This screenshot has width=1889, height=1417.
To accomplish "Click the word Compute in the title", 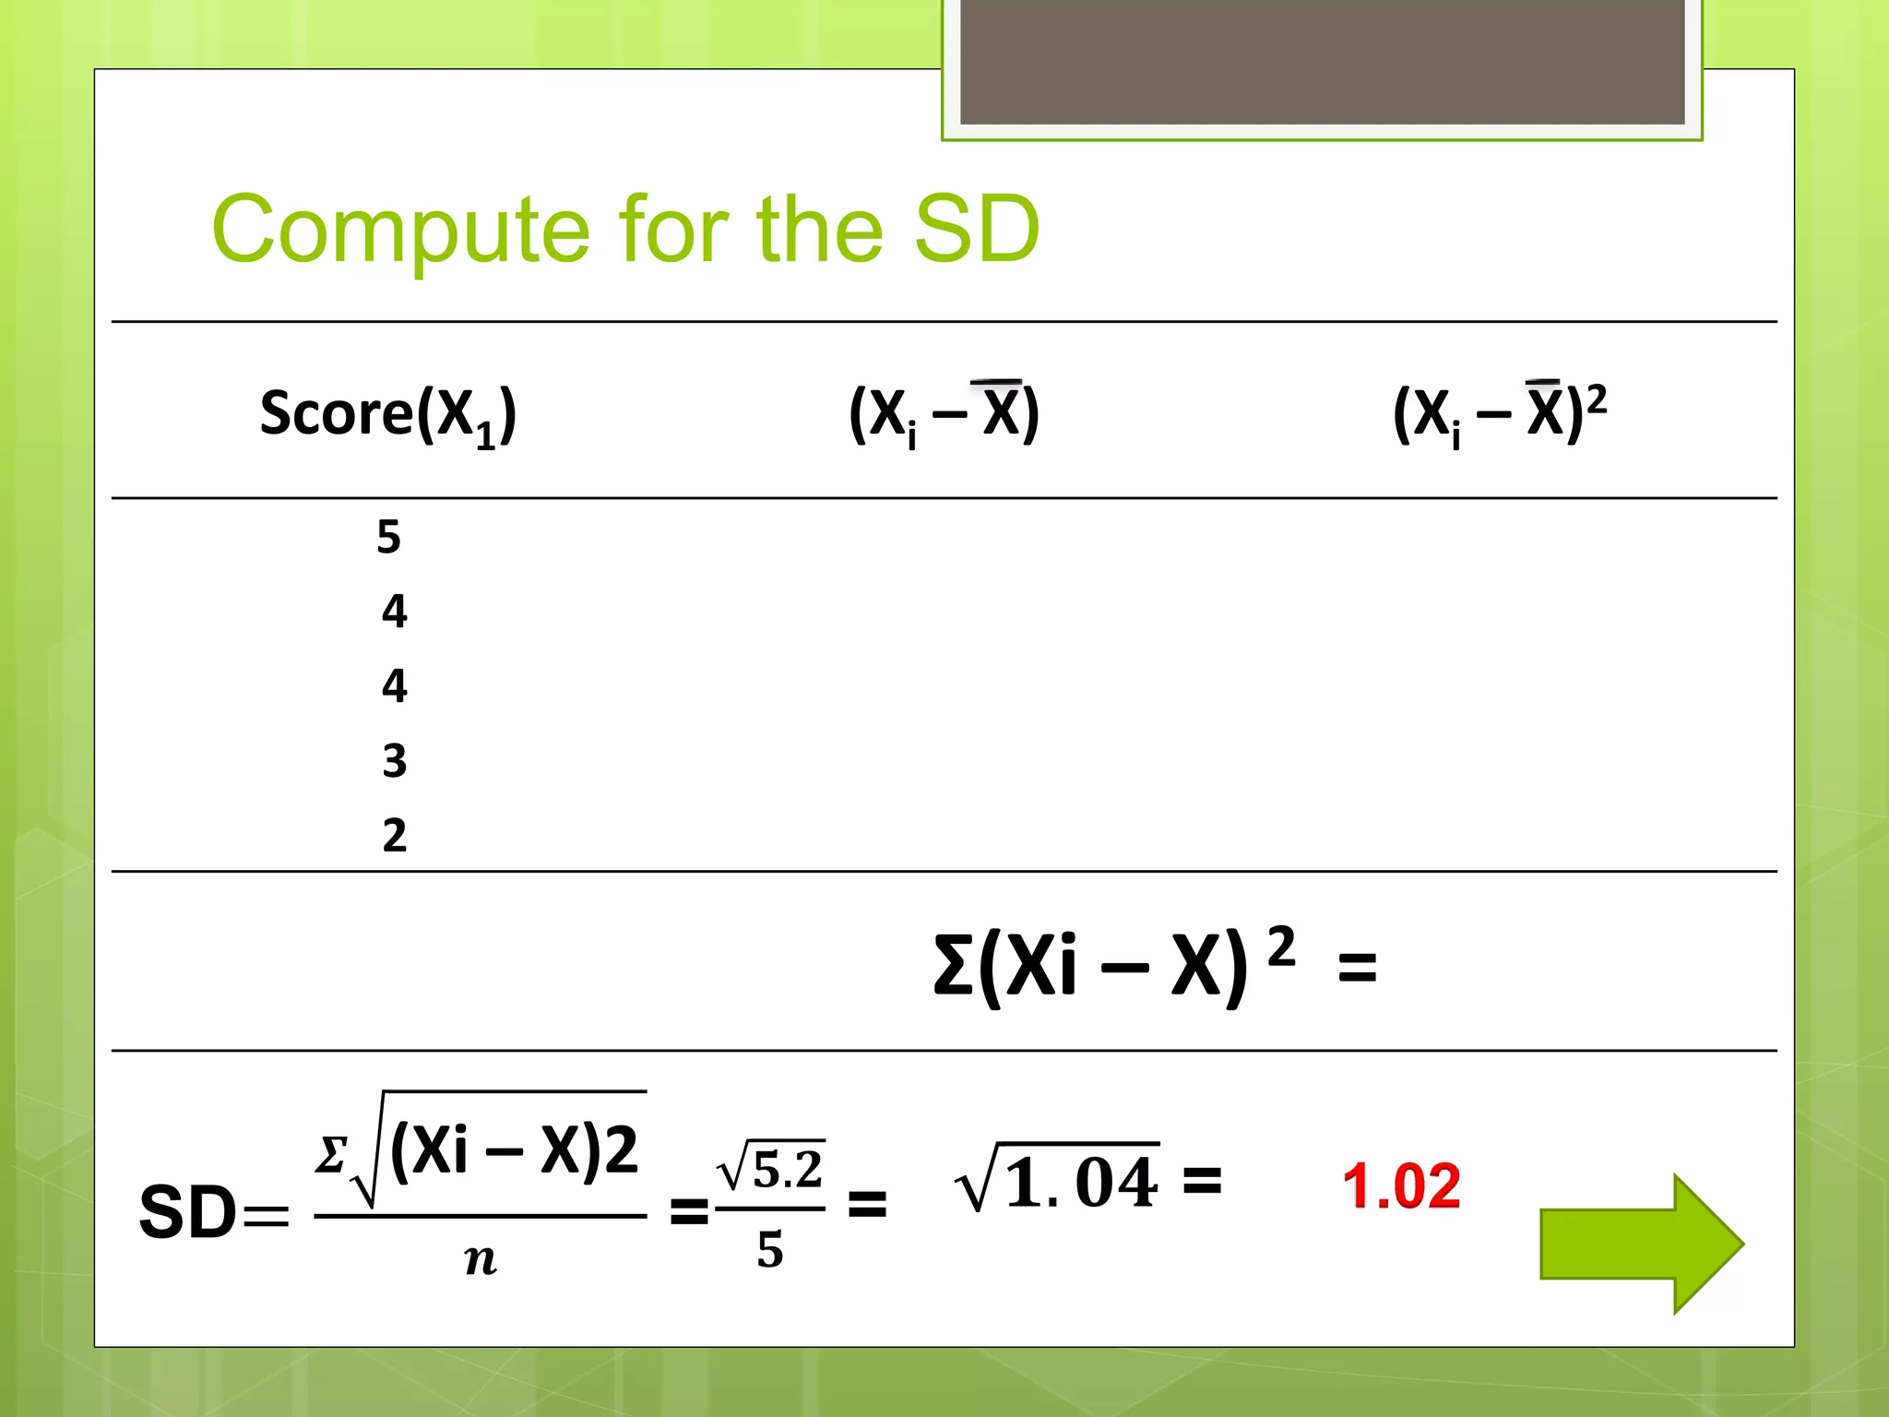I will tap(400, 231).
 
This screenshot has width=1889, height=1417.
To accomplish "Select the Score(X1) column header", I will tap(387, 414).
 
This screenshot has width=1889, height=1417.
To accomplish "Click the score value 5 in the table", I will tap(388, 536).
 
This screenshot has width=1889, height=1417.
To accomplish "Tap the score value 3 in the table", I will tap(394, 760).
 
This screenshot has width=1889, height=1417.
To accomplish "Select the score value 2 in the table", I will tap(394, 835).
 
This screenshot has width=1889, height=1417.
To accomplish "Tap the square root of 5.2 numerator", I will tap(771, 1169).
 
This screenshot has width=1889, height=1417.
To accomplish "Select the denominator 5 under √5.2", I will tap(770, 1250).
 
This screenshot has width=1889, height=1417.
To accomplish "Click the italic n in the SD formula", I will tap(481, 1259).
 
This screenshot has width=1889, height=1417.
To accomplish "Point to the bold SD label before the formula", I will tap(188, 1211).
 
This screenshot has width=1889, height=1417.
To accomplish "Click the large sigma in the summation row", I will tap(953, 966).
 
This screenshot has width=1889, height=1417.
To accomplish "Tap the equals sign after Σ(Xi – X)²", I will tap(1357, 969).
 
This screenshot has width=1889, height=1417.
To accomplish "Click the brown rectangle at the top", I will tap(1322, 61).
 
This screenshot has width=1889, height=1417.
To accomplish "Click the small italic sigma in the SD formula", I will tap(330, 1153).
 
